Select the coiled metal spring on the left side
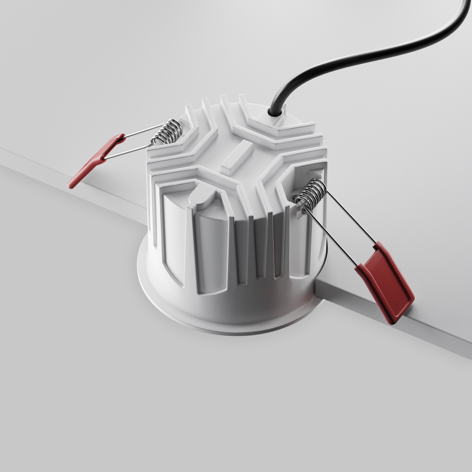click(x=166, y=132)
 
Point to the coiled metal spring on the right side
click(x=312, y=194)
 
